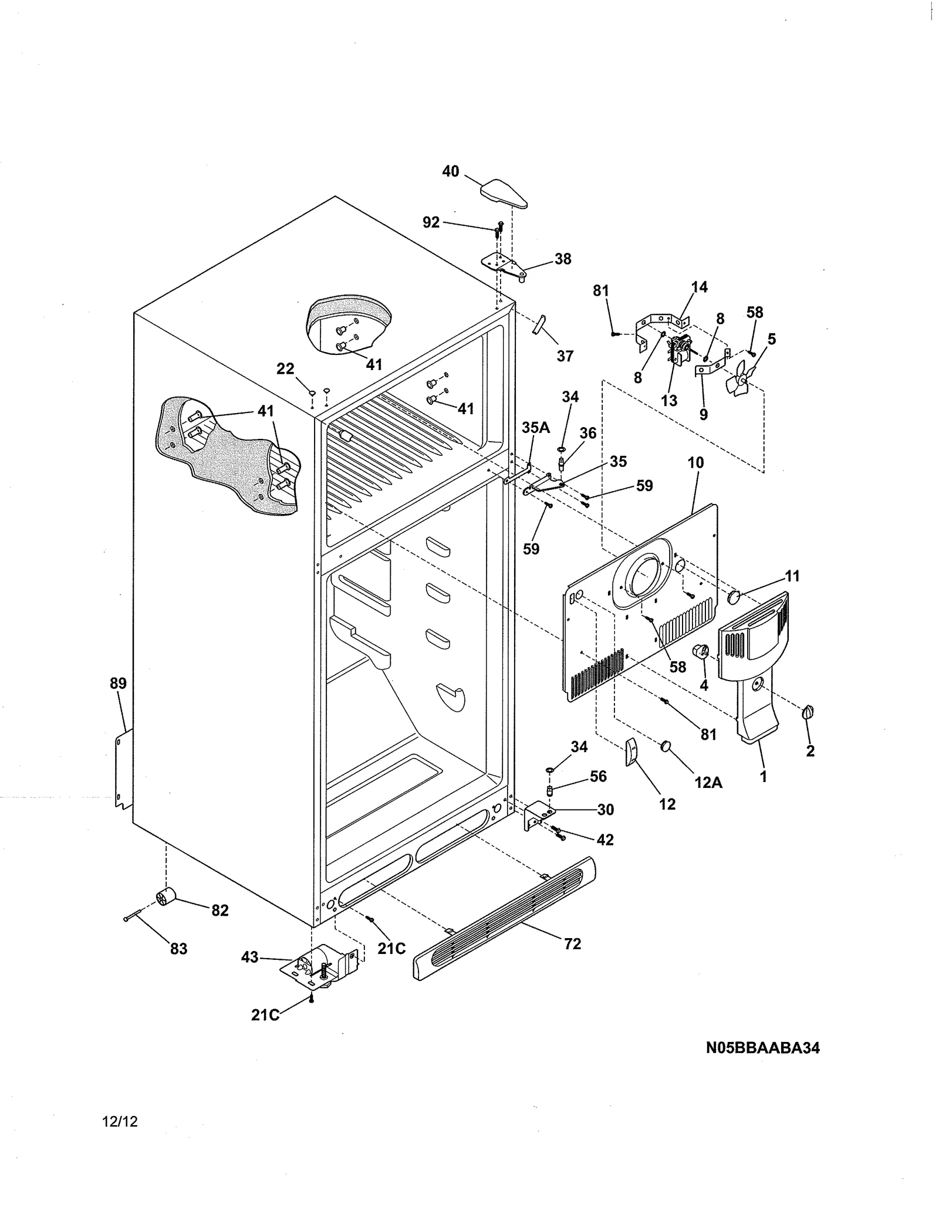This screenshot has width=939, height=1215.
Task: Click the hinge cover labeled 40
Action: (x=504, y=194)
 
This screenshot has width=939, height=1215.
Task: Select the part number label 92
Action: (x=431, y=222)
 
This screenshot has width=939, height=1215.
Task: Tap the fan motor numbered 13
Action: (x=680, y=350)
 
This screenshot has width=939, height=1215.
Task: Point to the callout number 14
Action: (x=699, y=287)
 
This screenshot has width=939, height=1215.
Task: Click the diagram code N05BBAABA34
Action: (x=762, y=1048)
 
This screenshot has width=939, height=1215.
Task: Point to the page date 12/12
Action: (x=120, y=1122)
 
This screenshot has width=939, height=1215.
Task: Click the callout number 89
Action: (x=118, y=683)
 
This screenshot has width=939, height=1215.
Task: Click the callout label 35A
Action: (x=535, y=428)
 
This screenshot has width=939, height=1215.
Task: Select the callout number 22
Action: (x=285, y=369)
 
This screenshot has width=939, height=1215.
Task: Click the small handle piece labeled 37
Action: (x=539, y=324)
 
